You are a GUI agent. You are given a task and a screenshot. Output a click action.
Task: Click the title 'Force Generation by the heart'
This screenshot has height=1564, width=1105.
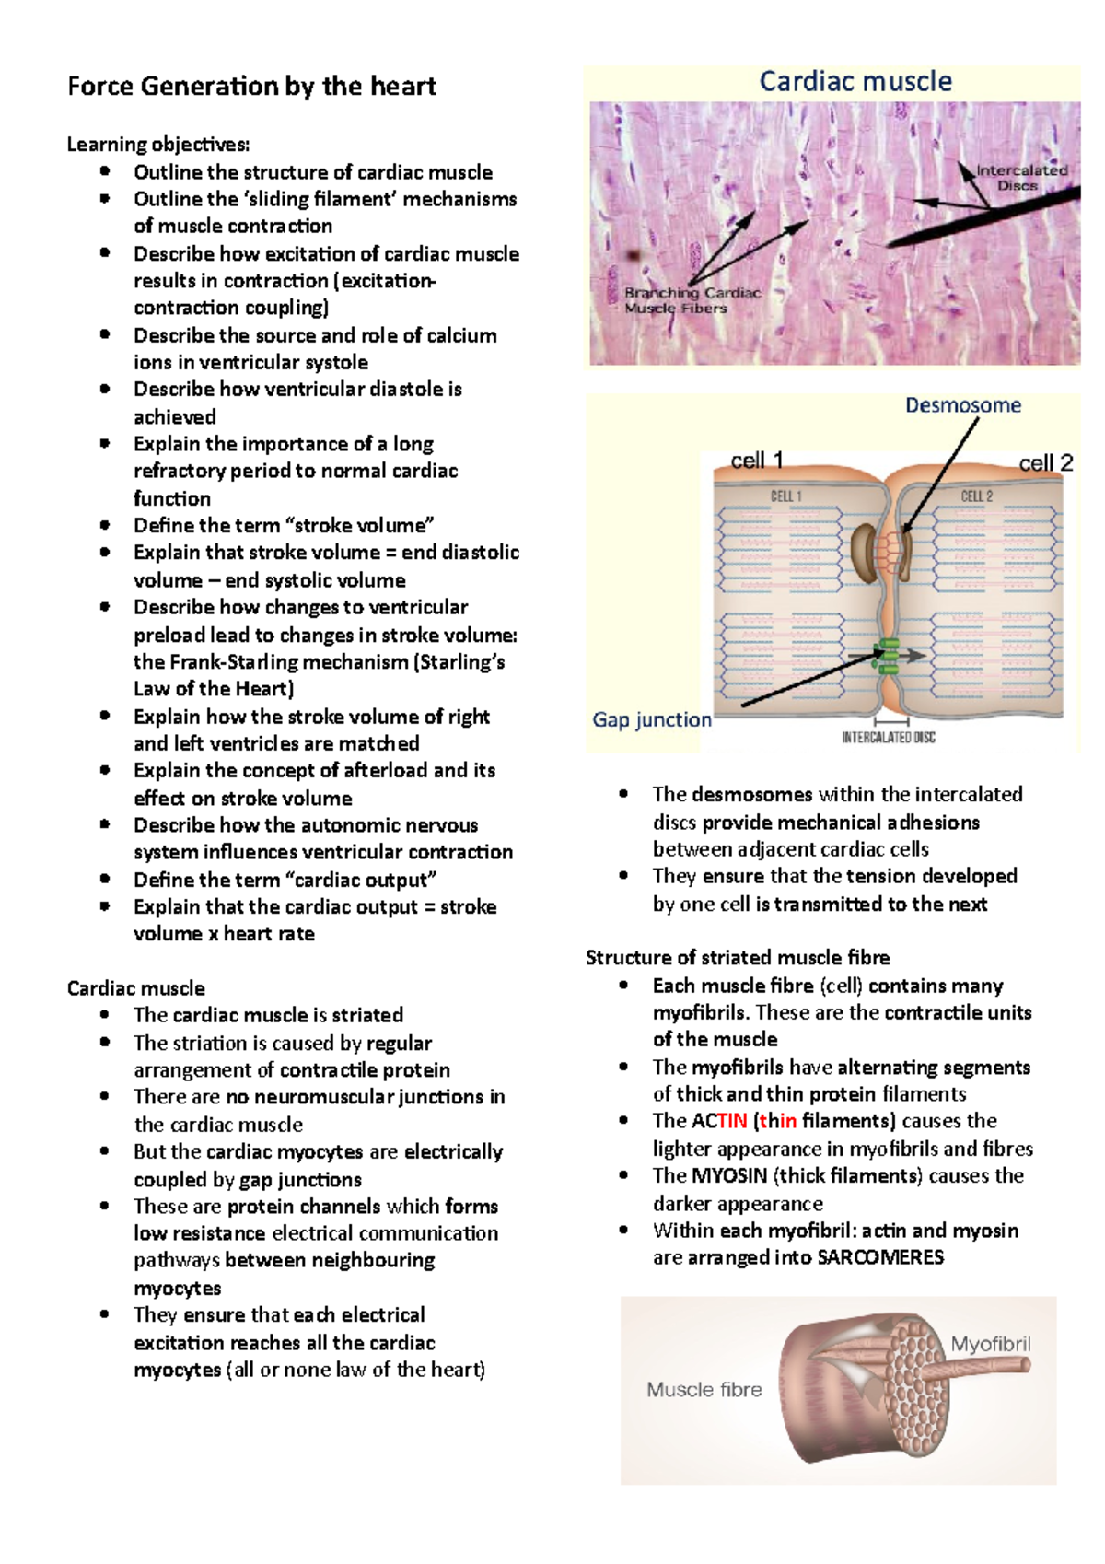[x=251, y=87]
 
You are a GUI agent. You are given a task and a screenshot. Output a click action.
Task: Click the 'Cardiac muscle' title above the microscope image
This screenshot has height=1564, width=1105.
[x=855, y=82]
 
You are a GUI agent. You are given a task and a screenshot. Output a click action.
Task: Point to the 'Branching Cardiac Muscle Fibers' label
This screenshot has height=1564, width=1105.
[x=692, y=300]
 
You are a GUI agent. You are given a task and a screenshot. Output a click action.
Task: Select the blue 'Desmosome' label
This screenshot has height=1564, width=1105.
[x=963, y=405]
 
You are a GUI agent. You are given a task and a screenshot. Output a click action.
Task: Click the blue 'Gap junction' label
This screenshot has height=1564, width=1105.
[x=652, y=719]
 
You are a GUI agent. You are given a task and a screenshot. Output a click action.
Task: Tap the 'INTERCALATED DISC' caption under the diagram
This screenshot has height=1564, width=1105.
[x=889, y=738]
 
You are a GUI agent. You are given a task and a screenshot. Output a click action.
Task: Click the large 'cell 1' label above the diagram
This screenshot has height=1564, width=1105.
[x=756, y=460]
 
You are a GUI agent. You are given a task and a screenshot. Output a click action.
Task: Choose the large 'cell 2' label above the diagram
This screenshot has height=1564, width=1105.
[x=1045, y=462]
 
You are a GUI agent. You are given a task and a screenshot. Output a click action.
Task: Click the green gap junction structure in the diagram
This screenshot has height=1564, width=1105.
[x=889, y=655]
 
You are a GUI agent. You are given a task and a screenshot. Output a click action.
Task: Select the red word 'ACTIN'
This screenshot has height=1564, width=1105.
[x=719, y=1121]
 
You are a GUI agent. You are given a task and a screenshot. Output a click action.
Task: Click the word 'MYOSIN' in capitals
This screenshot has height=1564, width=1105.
[x=729, y=1175]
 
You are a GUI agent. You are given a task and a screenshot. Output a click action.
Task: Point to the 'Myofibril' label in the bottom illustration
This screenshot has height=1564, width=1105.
[x=991, y=1344]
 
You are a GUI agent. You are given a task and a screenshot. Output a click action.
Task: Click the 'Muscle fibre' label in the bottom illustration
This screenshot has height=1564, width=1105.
[x=704, y=1389]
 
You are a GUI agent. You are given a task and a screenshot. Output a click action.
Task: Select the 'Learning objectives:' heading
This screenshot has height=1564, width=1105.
[x=158, y=145]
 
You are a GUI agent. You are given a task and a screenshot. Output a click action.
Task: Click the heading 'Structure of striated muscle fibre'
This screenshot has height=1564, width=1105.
[x=738, y=958]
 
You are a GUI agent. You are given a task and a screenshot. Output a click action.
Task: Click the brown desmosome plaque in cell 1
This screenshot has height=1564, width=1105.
[x=866, y=553]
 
